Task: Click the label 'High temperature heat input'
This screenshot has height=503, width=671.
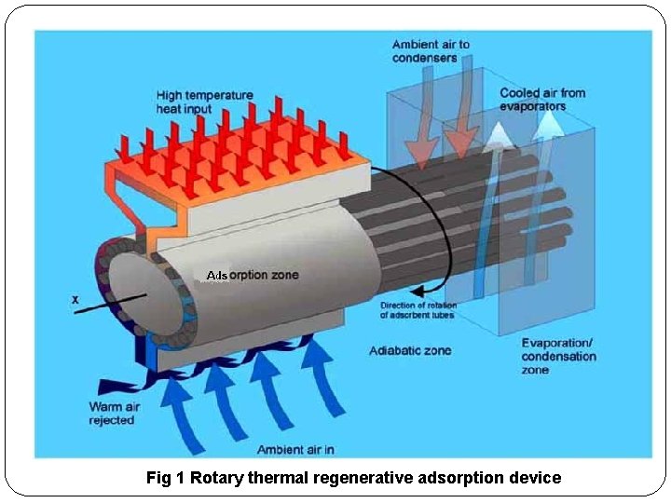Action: (204, 102)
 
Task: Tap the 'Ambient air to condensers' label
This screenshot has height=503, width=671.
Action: (431, 50)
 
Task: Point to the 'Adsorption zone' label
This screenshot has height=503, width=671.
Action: (253, 276)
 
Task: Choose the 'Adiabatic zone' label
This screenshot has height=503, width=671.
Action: (410, 350)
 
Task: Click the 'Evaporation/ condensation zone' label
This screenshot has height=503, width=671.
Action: (560, 357)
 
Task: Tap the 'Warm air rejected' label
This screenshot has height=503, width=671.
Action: (112, 414)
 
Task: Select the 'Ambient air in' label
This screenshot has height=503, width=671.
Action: (296, 450)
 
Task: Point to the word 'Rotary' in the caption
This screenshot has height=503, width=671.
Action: (215, 478)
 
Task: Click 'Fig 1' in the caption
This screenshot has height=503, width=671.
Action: (167, 478)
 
